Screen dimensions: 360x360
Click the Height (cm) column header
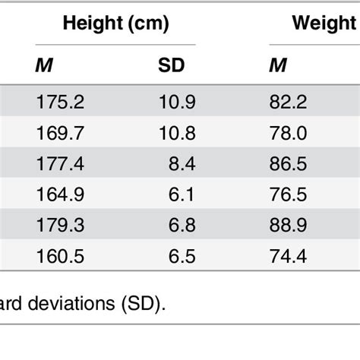(115, 24)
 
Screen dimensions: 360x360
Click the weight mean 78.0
(289, 134)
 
